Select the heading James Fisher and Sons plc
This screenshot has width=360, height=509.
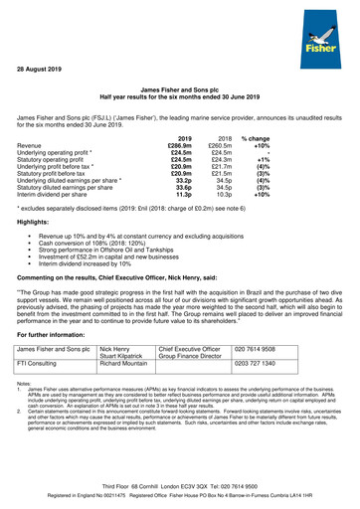point(179,90)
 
